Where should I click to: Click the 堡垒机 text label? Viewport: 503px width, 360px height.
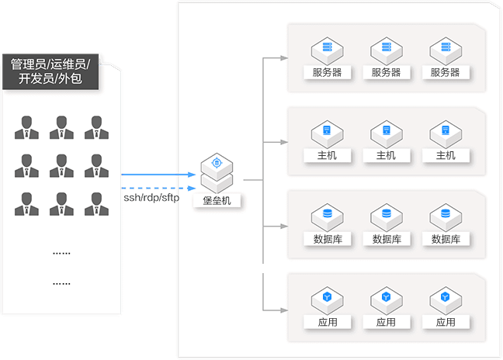click(217, 200)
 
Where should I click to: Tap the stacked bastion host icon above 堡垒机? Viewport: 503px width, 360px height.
click(217, 172)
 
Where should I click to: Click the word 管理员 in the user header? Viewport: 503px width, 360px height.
click(27, 63)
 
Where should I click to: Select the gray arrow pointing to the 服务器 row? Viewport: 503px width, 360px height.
click(276, 58)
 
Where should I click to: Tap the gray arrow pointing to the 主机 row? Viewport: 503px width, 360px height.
click(276, 142)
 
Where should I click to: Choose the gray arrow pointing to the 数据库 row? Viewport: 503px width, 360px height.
click(276, 226)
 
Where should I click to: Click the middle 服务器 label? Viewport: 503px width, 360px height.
click(387, 72)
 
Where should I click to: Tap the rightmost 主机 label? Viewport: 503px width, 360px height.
click(446, 155)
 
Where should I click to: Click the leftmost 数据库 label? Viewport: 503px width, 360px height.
click(327, 239)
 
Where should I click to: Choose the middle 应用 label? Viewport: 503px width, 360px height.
click(387, 322)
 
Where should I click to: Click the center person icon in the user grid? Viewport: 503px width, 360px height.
click(62, 165)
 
